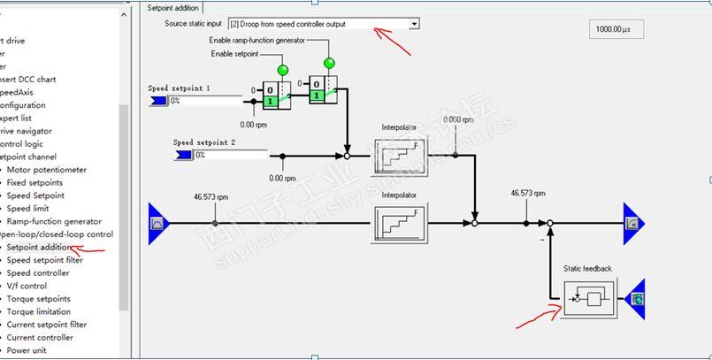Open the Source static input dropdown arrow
414,24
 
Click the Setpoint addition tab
173,8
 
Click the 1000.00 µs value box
616,29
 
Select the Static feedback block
587,298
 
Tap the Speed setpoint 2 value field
230,155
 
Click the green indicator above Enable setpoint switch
283,70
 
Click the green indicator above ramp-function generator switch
330,63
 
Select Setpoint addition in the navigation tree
40,248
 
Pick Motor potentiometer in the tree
47,170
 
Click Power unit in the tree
32,350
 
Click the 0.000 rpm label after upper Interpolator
458,119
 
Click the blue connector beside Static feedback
634,298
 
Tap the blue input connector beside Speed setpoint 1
159,101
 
